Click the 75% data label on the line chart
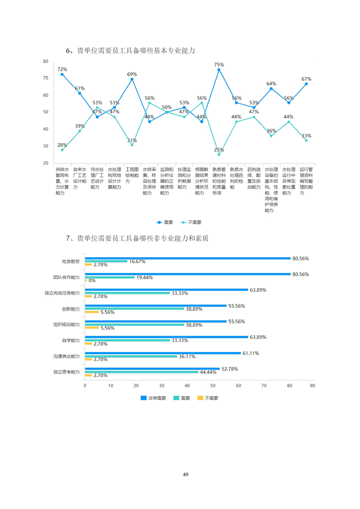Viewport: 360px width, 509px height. pos(219,64)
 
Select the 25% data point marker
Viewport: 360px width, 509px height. pos(219,155)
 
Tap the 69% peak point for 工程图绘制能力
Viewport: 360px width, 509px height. pos(132,79)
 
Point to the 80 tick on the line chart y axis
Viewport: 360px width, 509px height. pos(46,61)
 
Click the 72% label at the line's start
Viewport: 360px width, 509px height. pos(62,69)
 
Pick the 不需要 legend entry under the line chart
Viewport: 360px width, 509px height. pos(191,222)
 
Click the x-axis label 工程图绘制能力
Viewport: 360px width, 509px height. pos(132,175)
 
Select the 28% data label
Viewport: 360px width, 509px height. pos(62,145)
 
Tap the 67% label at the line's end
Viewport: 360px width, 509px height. pos(306,79)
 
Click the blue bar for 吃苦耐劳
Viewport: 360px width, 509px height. pos(187,259)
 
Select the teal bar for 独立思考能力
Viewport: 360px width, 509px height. pos(142,372)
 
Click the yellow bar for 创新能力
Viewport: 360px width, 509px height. pos(92,312)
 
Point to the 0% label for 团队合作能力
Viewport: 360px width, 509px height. pos(92,280)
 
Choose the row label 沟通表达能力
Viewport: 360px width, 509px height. pos(66,357)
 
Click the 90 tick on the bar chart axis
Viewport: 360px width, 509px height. pos(312,386)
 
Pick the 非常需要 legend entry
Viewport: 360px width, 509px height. pos(153,398)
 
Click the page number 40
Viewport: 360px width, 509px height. pos(185,475)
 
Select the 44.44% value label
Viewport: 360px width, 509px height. pos(208,372)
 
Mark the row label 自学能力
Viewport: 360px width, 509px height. pos(71,340)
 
